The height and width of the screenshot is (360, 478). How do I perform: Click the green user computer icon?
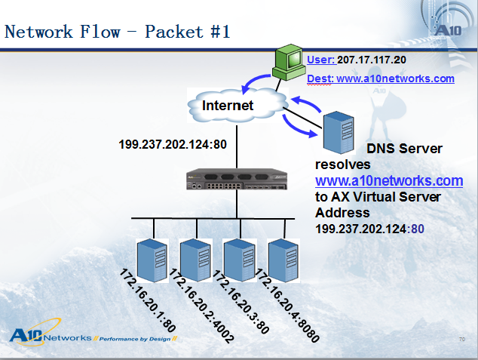point(289,62)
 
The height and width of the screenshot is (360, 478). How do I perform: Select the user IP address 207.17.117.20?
point(372,60)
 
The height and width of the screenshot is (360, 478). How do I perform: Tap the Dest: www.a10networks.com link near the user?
point(381,78)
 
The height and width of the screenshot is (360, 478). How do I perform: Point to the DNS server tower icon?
point(339,132)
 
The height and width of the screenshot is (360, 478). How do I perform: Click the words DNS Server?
point(404,149)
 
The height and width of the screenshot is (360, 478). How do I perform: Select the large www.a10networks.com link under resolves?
point(389,180)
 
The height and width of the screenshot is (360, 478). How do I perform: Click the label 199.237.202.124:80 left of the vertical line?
point(173,144)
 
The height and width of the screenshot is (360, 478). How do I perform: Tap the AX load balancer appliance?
point(237,179)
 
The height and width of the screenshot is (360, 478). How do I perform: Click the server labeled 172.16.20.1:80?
point(152,260)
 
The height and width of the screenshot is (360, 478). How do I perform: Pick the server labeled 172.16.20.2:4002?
point(196,260)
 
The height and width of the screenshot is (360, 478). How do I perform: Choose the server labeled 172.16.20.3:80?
point(240,260)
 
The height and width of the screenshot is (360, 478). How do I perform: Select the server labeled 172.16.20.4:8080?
point(283,260)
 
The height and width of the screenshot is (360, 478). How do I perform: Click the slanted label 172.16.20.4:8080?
point(287,305)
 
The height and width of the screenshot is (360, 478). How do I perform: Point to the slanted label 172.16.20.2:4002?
point(202,306)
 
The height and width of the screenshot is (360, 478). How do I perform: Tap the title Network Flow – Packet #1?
point(118,32)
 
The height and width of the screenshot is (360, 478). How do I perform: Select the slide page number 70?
point(462,340)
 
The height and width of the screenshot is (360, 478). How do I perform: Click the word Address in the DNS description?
point(342,213)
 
